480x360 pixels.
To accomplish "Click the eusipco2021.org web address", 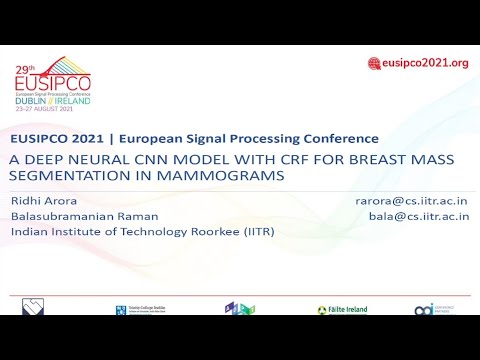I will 425,63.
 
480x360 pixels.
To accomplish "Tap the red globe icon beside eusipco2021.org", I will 374,63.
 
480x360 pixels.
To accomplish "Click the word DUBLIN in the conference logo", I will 31,101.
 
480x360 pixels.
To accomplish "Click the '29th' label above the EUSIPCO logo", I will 25,70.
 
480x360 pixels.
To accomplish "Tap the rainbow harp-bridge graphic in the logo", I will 73,68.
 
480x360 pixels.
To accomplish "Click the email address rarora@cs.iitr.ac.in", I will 411,201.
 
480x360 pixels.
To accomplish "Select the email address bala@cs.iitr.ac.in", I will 418,216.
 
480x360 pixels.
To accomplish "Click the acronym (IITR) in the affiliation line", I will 254,232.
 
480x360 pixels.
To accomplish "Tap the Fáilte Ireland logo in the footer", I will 342,310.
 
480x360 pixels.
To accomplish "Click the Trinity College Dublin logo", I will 135,310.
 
